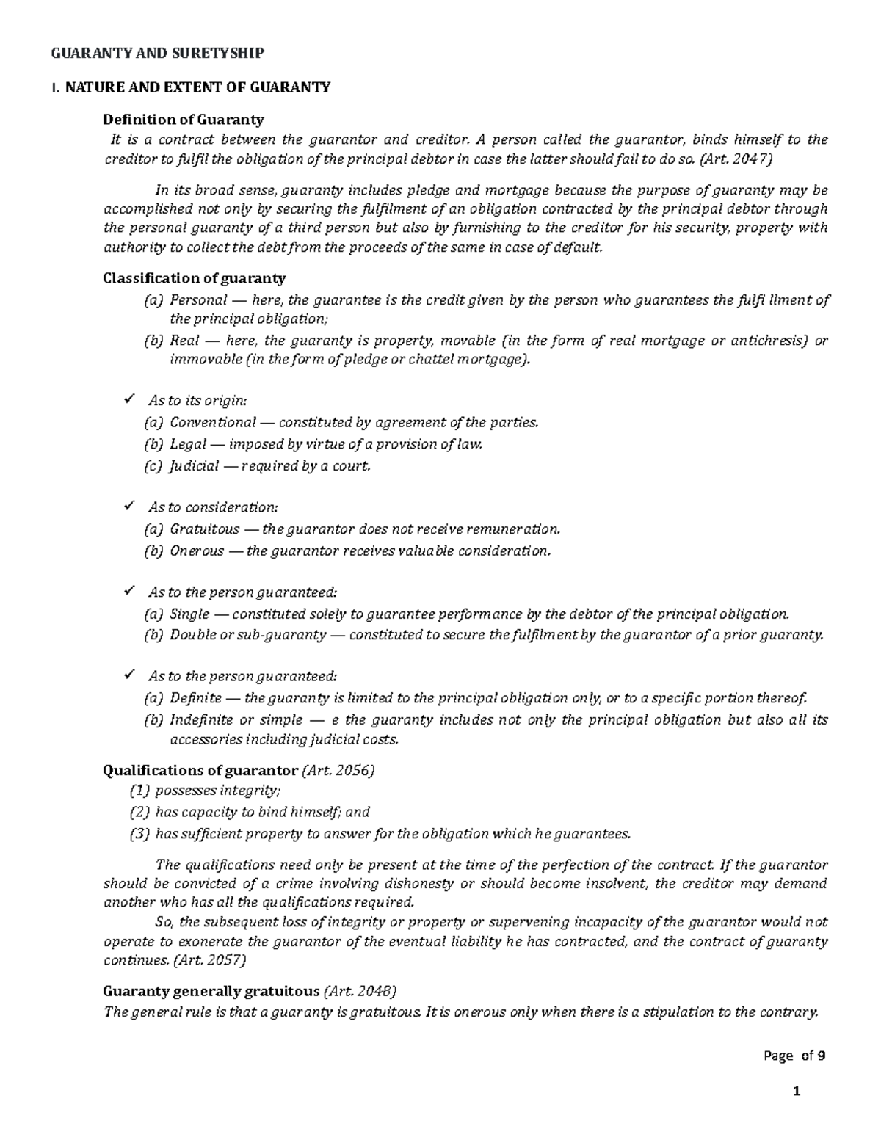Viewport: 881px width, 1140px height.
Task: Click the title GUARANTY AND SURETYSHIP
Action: tap(156, 53)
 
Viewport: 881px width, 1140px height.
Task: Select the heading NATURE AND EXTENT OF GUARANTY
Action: tap(197, 87)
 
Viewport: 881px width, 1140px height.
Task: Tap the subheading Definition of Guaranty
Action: tap(183, 120)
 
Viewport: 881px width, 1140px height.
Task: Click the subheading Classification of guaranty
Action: tap(194, 278)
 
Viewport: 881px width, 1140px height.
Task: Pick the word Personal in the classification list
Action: tap(197, 299)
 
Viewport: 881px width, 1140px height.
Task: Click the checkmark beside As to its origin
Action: tap(130, 400)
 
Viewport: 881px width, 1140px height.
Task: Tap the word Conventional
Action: tap(213, 422)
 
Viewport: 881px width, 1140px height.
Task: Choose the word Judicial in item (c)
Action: tap(194, 465)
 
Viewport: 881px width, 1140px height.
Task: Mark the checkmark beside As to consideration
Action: tap(130, 507)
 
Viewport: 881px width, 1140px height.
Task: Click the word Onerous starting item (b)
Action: tap(197, 551)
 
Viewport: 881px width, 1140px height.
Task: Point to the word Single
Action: tap(189, 614)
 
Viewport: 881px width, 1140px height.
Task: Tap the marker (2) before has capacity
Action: tap(139, 812)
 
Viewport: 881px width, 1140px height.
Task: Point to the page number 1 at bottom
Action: tap(796, 1092)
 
